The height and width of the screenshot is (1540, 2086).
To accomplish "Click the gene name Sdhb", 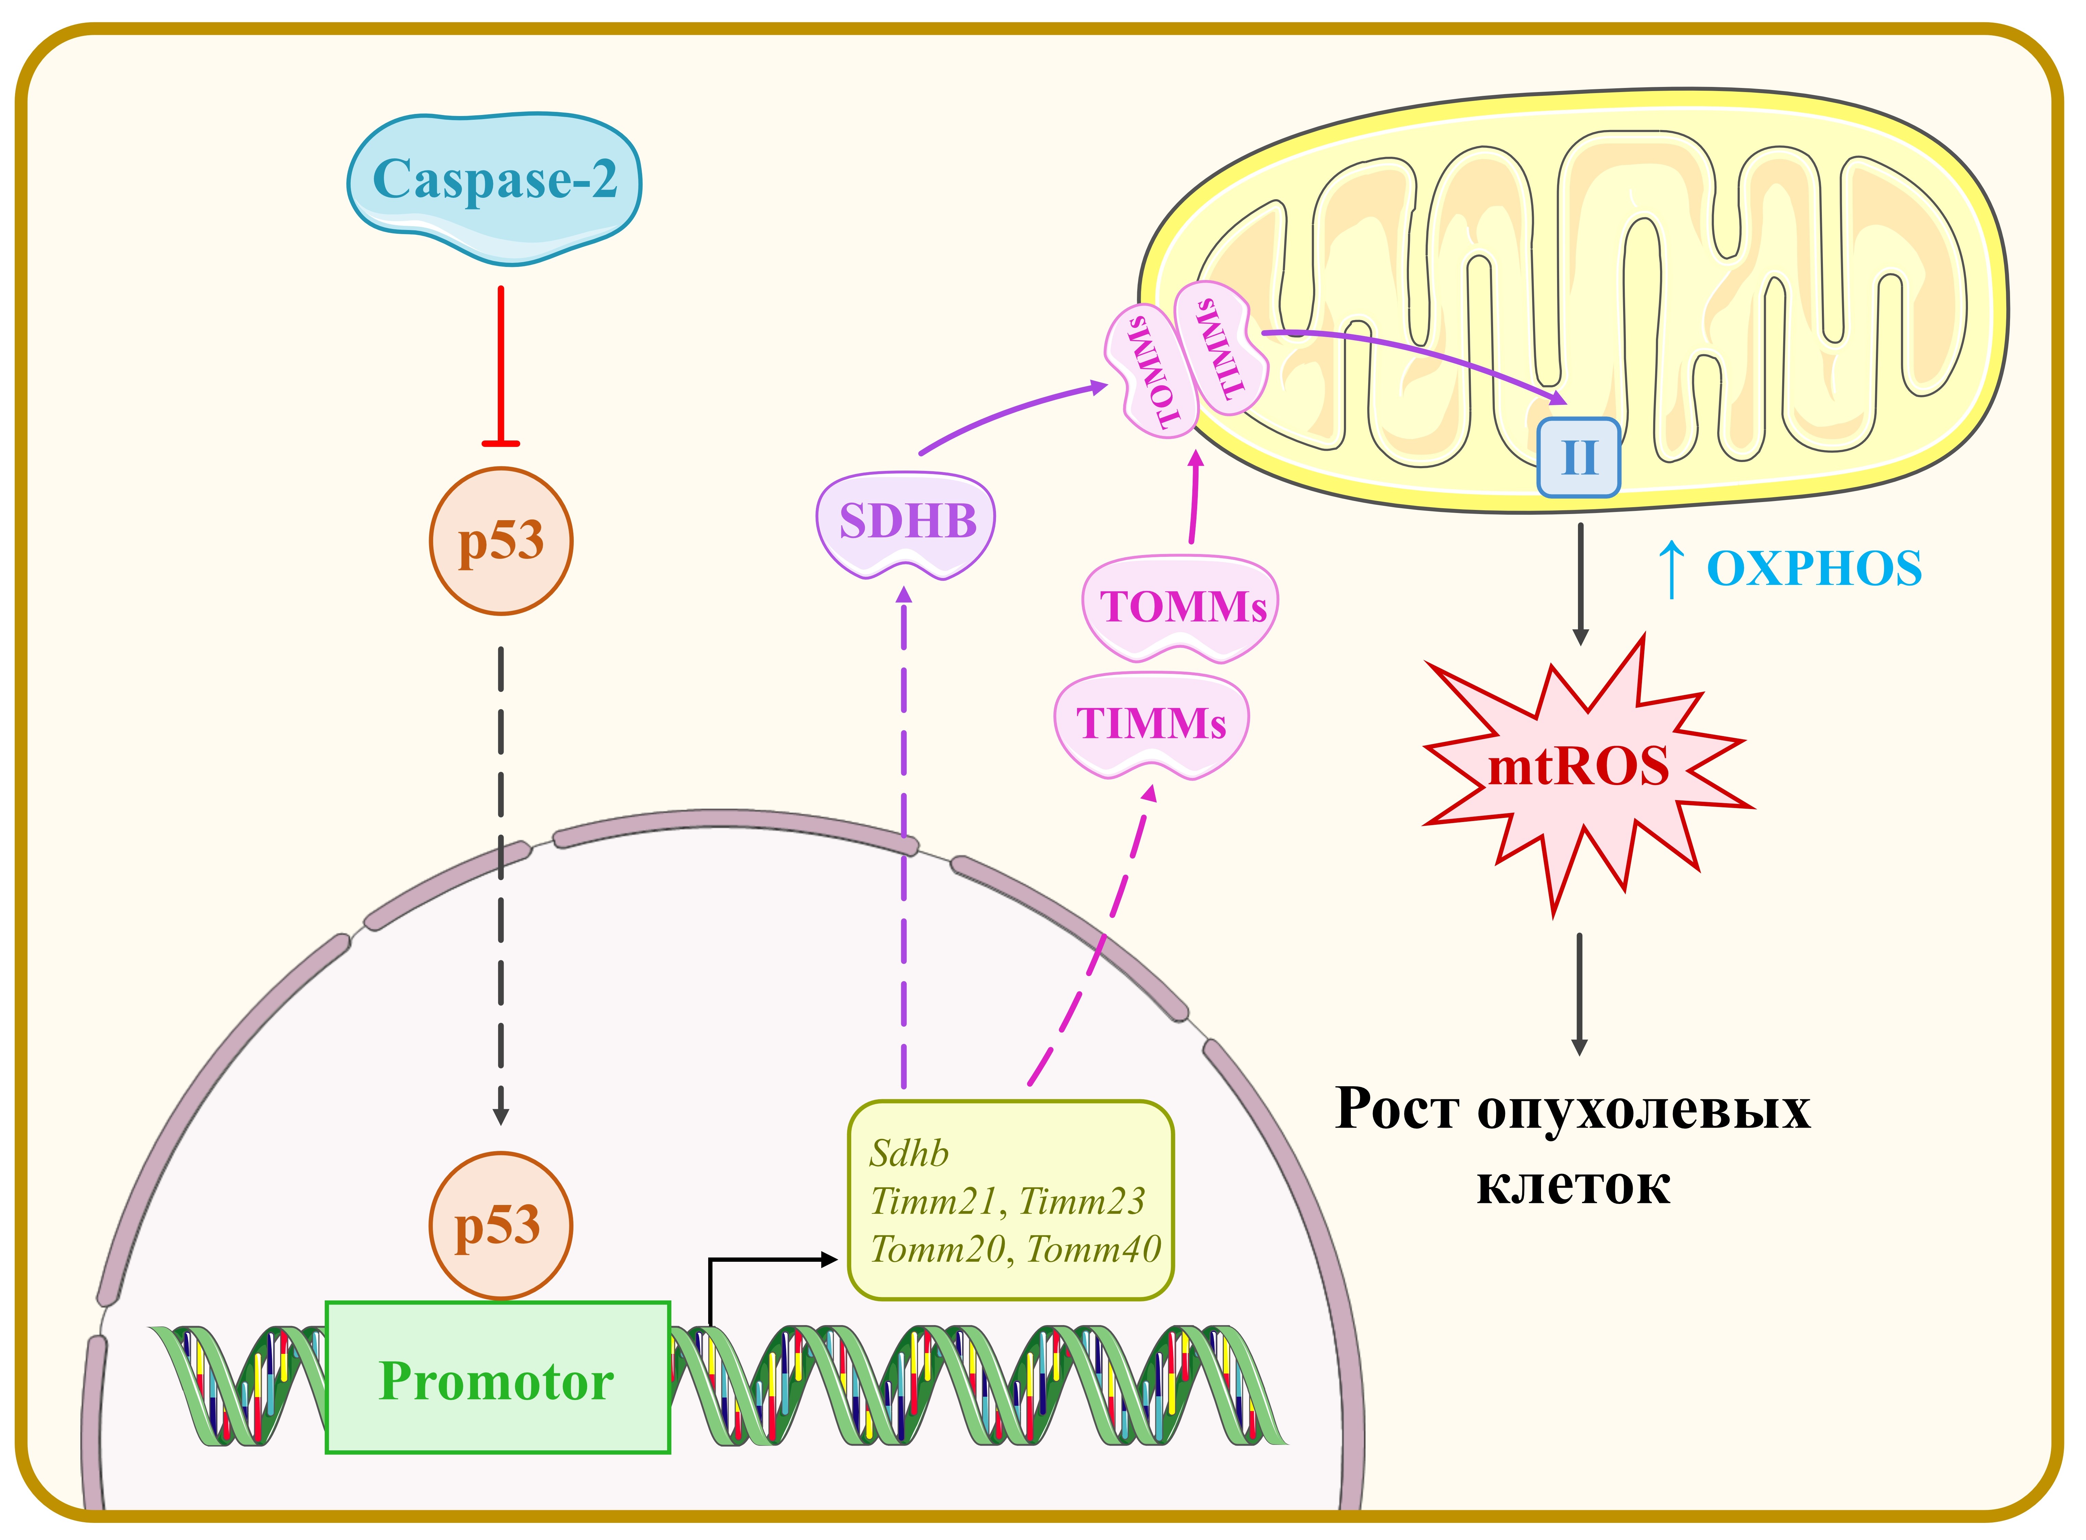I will tap(909, 1154).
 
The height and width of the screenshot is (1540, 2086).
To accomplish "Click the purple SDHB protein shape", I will tap(906, 522).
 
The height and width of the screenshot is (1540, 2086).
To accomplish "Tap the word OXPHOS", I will tap(1814, 569).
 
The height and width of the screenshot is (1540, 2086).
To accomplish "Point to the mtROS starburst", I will tap(1578, 769).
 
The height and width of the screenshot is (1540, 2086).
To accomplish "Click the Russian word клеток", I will tap(1573, 1186).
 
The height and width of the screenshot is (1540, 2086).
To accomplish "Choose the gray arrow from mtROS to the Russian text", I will tap(1579, 993).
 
